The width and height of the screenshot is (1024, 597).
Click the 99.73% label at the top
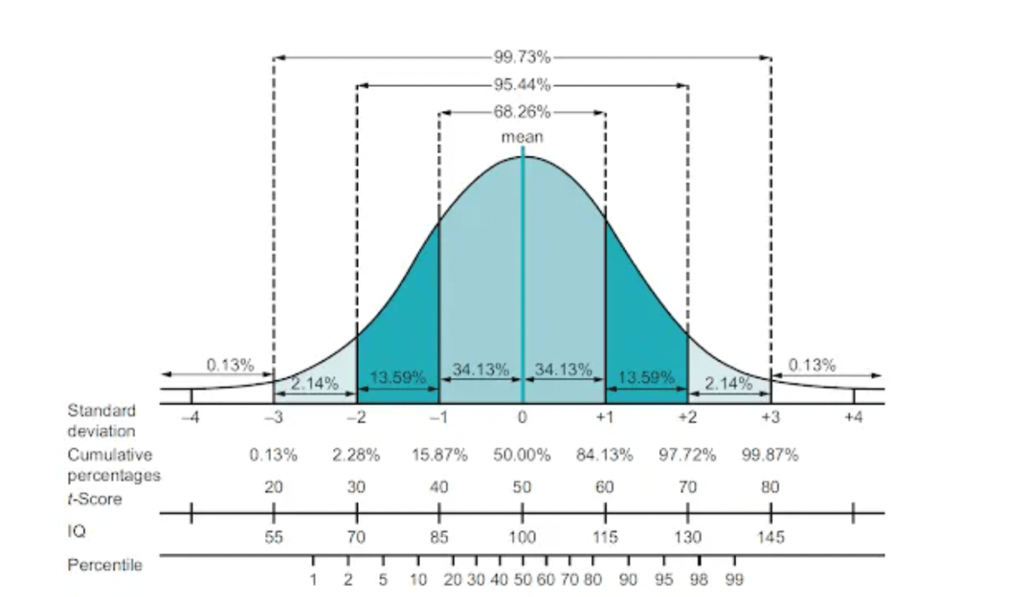click(522, 57)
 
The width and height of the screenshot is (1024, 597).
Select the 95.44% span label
click(522, 85)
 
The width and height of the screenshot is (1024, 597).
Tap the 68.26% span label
click(522, 112)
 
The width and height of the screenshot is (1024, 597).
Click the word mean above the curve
click(522, 137)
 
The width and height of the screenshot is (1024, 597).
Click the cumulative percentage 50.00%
click(522, 455)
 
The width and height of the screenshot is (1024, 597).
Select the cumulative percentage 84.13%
click(604, 455)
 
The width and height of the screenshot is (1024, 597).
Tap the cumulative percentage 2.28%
click(356, 455)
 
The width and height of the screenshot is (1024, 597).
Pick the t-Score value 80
click(771, 487)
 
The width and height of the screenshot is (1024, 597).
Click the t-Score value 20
click(273, 487)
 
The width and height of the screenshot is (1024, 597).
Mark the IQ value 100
click(522, 538)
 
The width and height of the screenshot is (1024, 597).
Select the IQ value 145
click(771, 538)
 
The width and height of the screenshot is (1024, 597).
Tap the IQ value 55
click(273, 538)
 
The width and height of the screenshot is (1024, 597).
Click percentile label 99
click(734, 580)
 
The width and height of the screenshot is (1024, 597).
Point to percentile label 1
click(313, 580)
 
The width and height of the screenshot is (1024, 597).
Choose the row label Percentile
click(105, 564)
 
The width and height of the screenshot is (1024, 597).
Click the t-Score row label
click(95, 498)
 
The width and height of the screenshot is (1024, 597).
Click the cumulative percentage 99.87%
click(770, 455)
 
